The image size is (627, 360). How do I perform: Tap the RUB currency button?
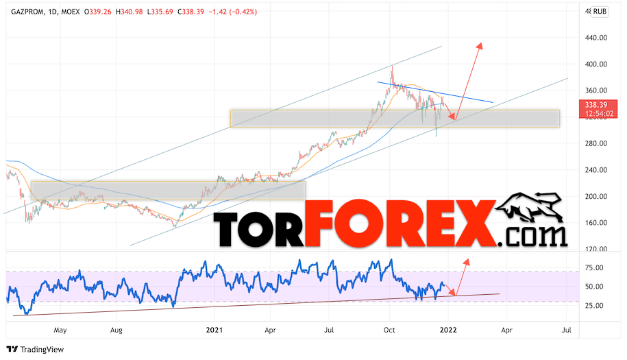coord(600,11)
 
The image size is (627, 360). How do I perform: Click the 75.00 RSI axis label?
coord(593,267)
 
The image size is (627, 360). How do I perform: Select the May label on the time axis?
coord(61,330)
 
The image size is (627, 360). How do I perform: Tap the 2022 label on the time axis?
coord(449,330)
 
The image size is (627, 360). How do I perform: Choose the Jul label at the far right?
coord(567,330)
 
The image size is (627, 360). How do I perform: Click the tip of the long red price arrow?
coord(481,43)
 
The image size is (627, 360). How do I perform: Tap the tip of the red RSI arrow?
coord(468,260)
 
